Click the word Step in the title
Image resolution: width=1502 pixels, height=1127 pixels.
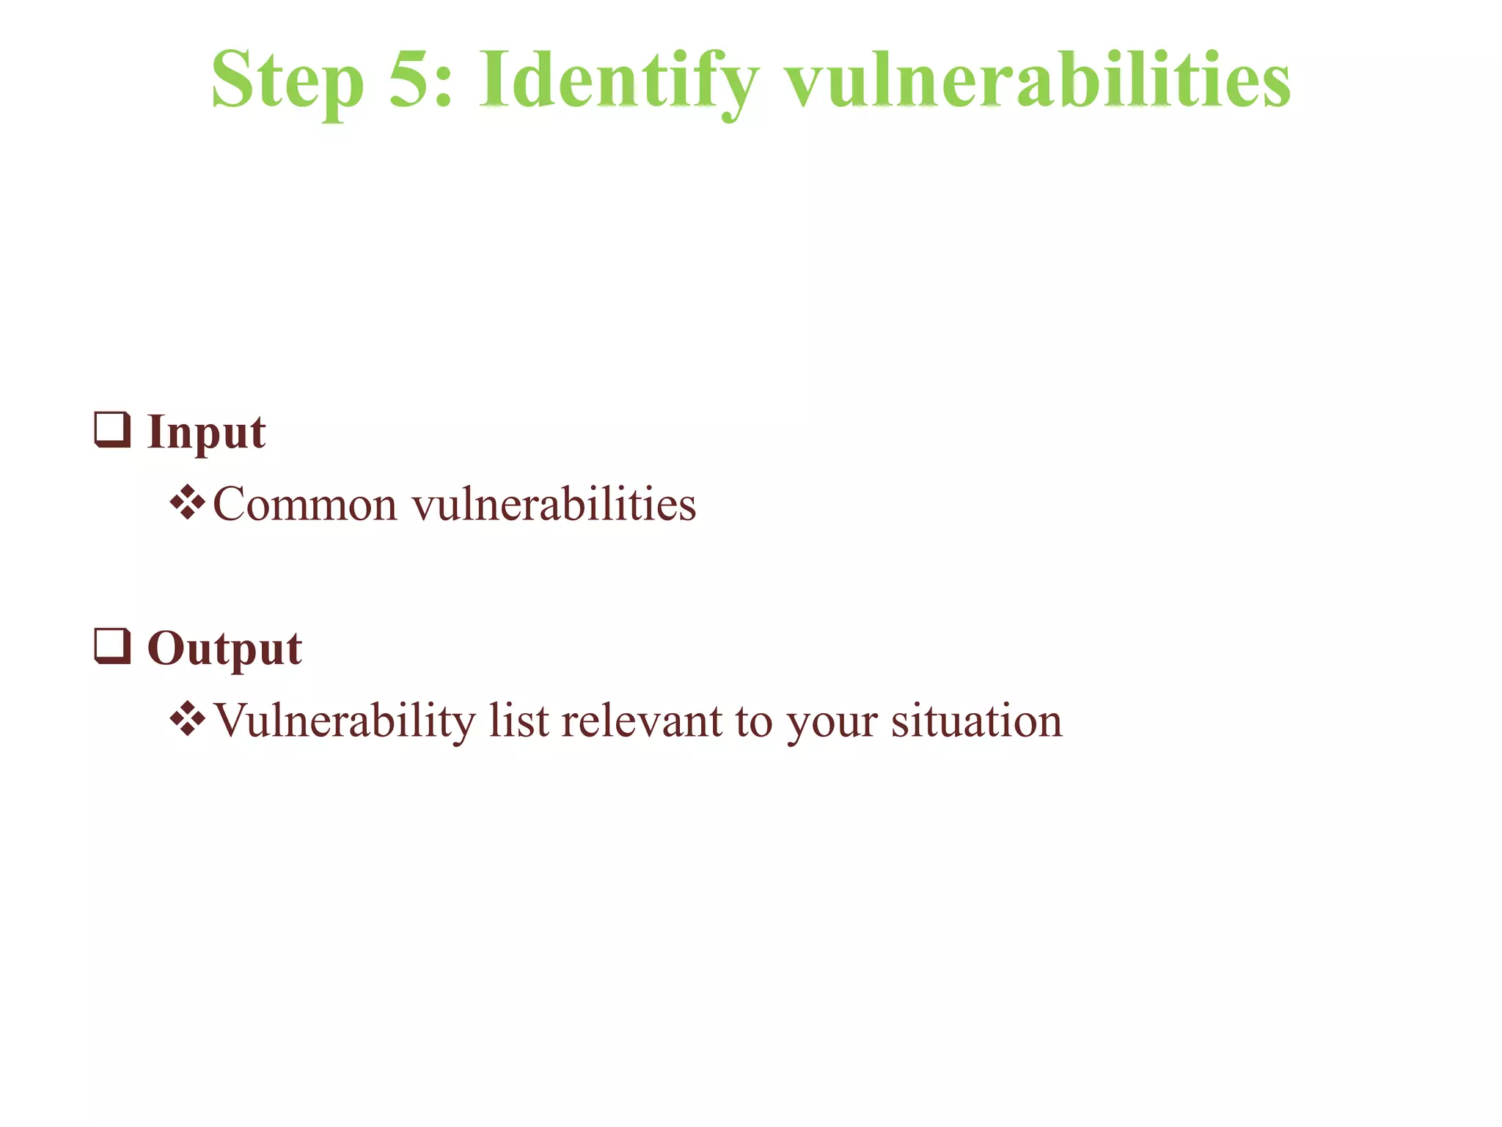[287, 81]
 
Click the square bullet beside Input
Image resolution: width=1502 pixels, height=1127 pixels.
[113, 430]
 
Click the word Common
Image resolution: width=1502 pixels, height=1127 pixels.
[305, 505]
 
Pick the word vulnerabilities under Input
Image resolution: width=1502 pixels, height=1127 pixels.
[554, 505]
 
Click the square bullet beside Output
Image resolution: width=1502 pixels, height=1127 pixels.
[113, 646]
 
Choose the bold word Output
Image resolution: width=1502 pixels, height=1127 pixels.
[224, 649]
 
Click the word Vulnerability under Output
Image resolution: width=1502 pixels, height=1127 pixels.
[345, 721]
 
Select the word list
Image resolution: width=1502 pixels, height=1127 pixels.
[519, 721]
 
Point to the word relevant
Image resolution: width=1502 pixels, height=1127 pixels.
[642, 721]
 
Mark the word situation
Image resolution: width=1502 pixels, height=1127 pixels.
[976, 721]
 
